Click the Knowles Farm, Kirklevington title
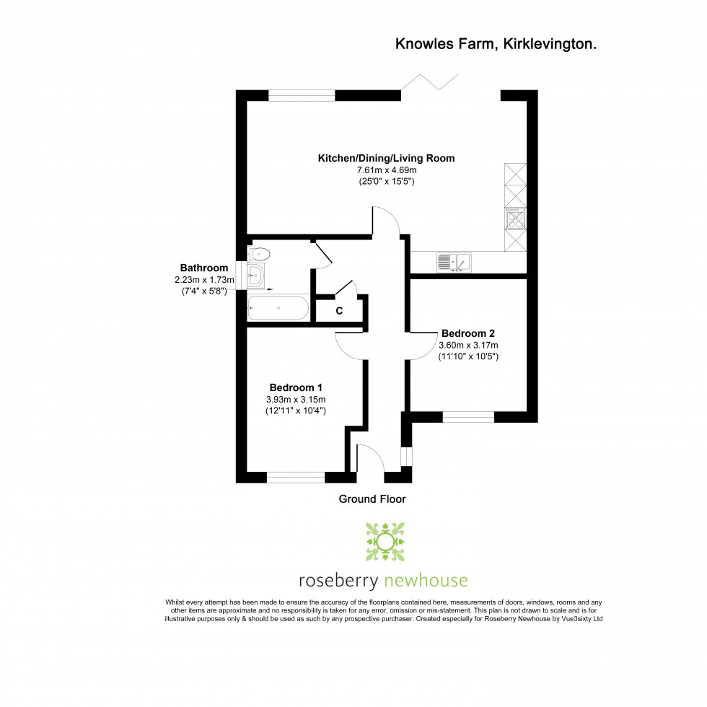(496, 44)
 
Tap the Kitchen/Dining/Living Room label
(386, 158)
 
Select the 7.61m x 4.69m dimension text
(387, 170)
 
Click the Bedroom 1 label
(296, 387)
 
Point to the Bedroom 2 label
(468, 333)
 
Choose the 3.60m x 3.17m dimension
(468, 345)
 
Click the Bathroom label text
(203, 268)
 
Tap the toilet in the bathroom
(259, 254)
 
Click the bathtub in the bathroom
(278, 308)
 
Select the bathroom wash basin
(255, 275)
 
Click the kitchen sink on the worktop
(454, 263)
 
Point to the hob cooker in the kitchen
(515, 218)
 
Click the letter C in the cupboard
(339, 311)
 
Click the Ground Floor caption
(372, 499)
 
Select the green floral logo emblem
(385, 542)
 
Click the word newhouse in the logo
(425, 580)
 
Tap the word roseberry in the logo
(338, 581)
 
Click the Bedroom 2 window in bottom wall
(468, 417)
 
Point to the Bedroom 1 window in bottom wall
(296, 478)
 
